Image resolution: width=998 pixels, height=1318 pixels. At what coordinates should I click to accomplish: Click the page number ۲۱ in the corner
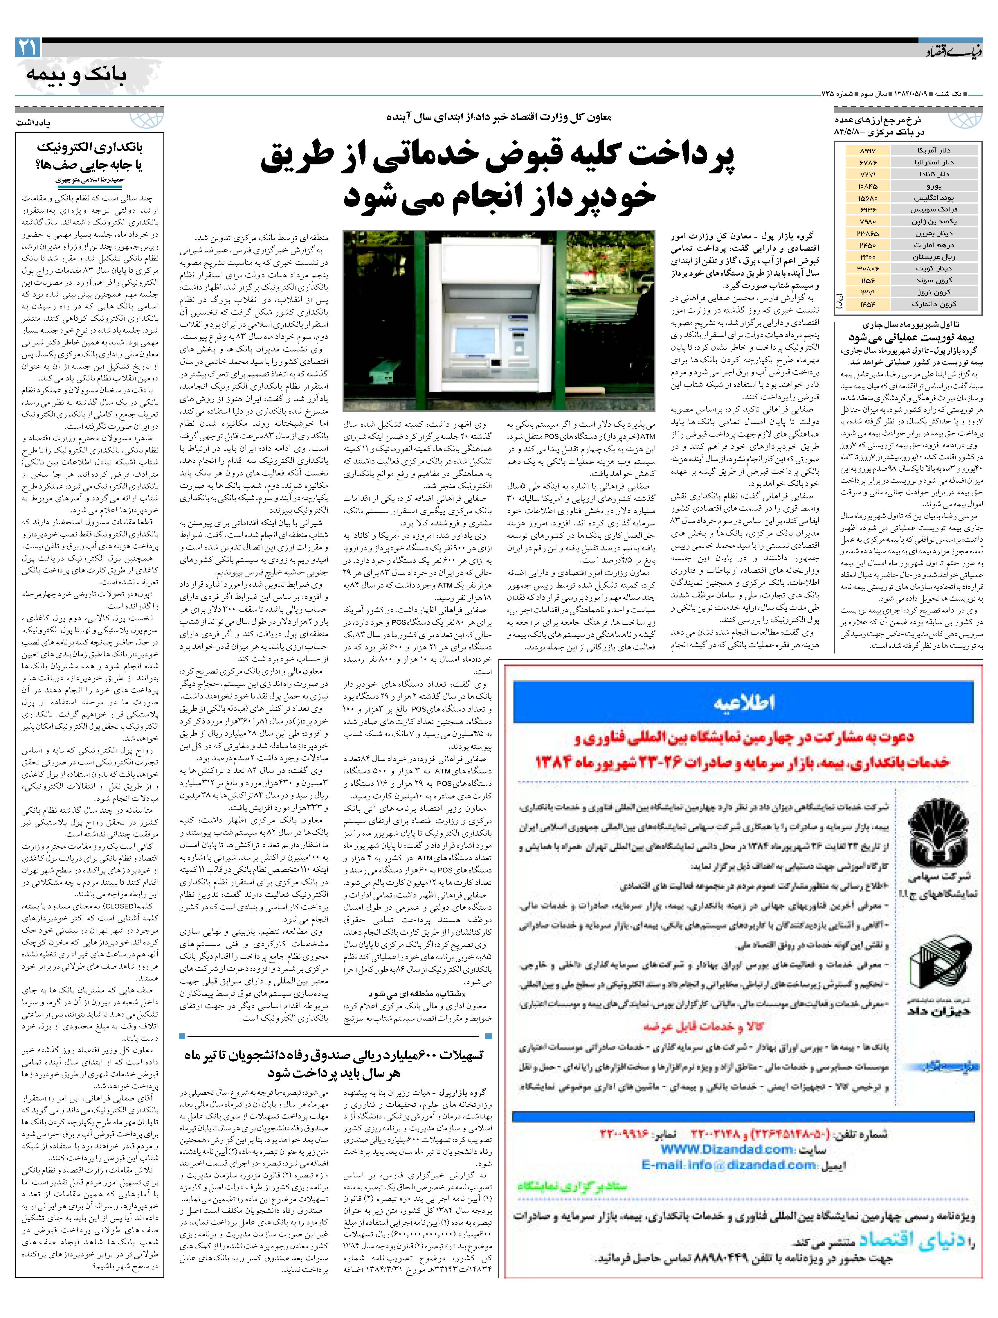point(28,48)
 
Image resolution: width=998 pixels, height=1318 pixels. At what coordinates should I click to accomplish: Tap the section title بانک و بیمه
point(76,74)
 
